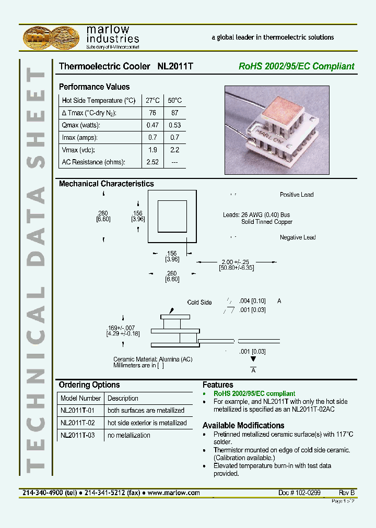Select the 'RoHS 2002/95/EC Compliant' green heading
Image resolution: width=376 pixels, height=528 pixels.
296,66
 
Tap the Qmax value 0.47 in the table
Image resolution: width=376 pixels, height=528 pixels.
152,125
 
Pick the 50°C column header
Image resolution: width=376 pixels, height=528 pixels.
174,100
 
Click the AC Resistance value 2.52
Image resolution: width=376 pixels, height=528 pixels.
152,162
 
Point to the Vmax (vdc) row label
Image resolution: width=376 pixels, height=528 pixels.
80,150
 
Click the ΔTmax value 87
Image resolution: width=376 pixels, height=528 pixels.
174,113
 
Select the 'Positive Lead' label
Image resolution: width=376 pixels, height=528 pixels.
296,195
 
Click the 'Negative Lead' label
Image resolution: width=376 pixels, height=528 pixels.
298,237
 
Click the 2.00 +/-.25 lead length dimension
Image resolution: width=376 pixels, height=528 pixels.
237,262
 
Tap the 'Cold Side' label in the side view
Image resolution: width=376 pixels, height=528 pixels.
199,303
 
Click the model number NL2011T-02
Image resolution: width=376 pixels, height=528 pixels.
77,423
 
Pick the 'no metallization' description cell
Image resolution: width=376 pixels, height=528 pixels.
128,435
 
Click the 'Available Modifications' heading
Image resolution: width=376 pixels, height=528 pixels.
243,425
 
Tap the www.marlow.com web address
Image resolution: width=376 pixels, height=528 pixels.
174,493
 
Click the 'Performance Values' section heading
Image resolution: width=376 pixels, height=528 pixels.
94,87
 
